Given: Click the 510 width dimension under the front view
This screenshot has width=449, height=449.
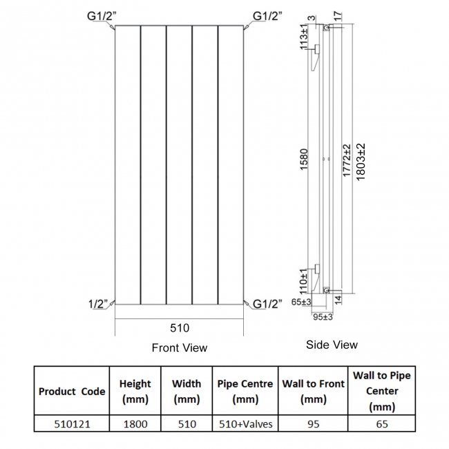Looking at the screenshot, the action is [180, 328].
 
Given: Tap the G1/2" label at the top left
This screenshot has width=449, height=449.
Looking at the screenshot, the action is [102, 16].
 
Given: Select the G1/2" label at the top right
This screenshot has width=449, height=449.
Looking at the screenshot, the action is [267, 16].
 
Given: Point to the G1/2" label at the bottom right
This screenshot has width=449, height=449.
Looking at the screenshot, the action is [267, 304].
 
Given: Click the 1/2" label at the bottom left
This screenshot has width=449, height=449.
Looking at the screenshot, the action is [98, 304].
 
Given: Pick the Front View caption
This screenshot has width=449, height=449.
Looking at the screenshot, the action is [180, 347].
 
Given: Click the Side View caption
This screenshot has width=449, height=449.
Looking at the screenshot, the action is [332, 345].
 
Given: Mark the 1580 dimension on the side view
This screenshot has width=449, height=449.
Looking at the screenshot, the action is [303, 159].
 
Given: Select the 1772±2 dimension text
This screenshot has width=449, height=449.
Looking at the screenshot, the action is [347, 160].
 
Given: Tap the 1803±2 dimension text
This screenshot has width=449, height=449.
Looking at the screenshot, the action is [361, 162].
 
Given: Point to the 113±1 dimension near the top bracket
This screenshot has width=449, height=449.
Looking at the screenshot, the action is [304, 37].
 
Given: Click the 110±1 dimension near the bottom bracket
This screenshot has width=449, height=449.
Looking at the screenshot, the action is [303, 281].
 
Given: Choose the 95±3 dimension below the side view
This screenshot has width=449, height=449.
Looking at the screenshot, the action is [323, 317].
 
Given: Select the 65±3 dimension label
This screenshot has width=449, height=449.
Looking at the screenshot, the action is [301, 302].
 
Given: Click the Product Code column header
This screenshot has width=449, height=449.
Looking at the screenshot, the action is [72, 392].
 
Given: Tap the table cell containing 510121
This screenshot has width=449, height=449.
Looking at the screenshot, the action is [72, 424].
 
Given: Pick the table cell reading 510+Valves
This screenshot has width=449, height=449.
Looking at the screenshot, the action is [245, 424].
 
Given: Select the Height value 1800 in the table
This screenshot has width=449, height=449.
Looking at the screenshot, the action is [135, 424].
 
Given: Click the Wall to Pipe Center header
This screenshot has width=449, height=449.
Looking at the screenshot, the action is [382, 391].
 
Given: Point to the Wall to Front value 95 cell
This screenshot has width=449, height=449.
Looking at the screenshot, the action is [314, 424].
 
